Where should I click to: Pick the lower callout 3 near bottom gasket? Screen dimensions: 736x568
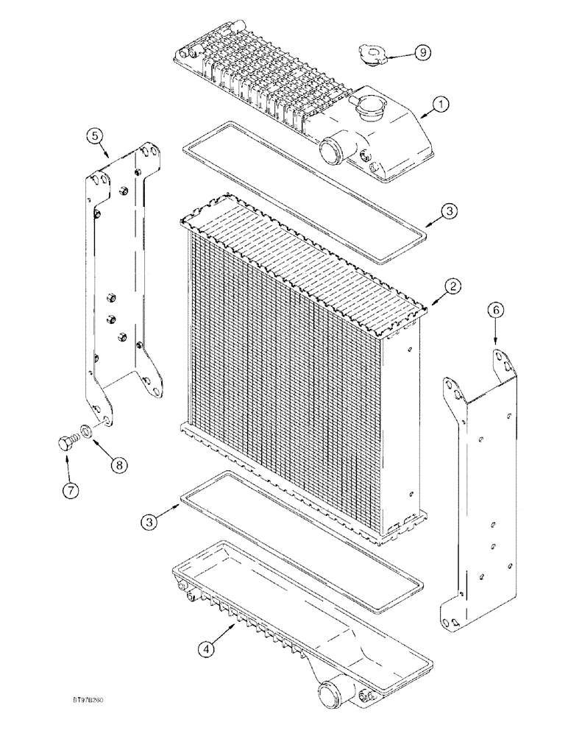coord(152,521)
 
